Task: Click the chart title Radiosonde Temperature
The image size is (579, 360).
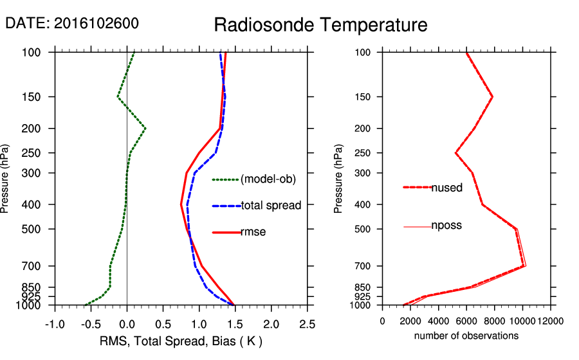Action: (320, 26)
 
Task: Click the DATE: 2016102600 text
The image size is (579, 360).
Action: (72, 23)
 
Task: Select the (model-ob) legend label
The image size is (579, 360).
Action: (268, 180)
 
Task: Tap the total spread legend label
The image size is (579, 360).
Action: (271, 206)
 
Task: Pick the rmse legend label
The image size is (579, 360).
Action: (253, 232)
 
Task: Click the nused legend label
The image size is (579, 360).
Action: (446, 188)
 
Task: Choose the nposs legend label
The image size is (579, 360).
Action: (446, 226)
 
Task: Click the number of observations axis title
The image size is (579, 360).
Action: (466, 336)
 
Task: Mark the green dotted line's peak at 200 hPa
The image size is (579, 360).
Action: (145, 129)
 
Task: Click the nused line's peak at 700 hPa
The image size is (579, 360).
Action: (524, 265)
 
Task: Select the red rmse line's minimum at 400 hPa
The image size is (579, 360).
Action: (181, 204)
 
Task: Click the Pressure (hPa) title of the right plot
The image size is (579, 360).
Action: (339, 179)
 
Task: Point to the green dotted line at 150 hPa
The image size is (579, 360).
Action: (118, 97)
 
